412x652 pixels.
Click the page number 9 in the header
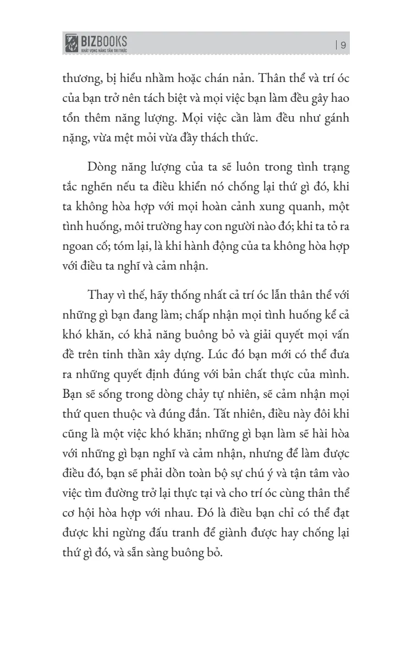pos(343,46)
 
